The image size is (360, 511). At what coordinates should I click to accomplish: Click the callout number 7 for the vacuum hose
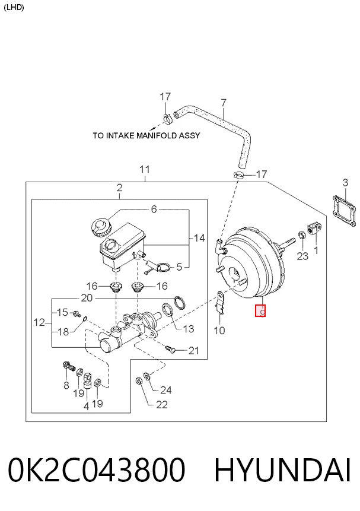pos(224,103)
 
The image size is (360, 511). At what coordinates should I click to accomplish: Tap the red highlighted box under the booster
pos(260,310)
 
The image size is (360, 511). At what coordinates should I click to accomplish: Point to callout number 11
pos(145,170)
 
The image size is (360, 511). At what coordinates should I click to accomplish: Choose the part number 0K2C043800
pos(97,469)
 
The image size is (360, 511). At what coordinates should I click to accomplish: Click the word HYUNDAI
pos(282,469)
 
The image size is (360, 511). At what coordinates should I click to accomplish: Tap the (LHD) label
pos(14,8)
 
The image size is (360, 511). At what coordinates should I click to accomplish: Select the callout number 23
pos(302,256)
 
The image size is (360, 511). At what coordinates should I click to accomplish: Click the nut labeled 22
pos(138,380)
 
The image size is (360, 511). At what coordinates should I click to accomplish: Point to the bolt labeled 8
pos(69,367)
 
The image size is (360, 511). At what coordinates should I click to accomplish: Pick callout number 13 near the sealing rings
pos(189,329)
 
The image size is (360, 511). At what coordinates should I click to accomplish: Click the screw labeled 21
pos(170,349)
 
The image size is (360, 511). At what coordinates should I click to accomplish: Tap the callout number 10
pos(219,331)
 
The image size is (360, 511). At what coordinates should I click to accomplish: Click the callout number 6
pos(154,209)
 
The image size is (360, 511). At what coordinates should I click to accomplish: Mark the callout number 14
pos(199,238)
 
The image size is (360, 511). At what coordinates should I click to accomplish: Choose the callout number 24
pos(166,390)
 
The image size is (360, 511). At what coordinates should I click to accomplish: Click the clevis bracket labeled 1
pos(314,228)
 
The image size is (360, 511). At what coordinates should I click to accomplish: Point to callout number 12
pos(39,323)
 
